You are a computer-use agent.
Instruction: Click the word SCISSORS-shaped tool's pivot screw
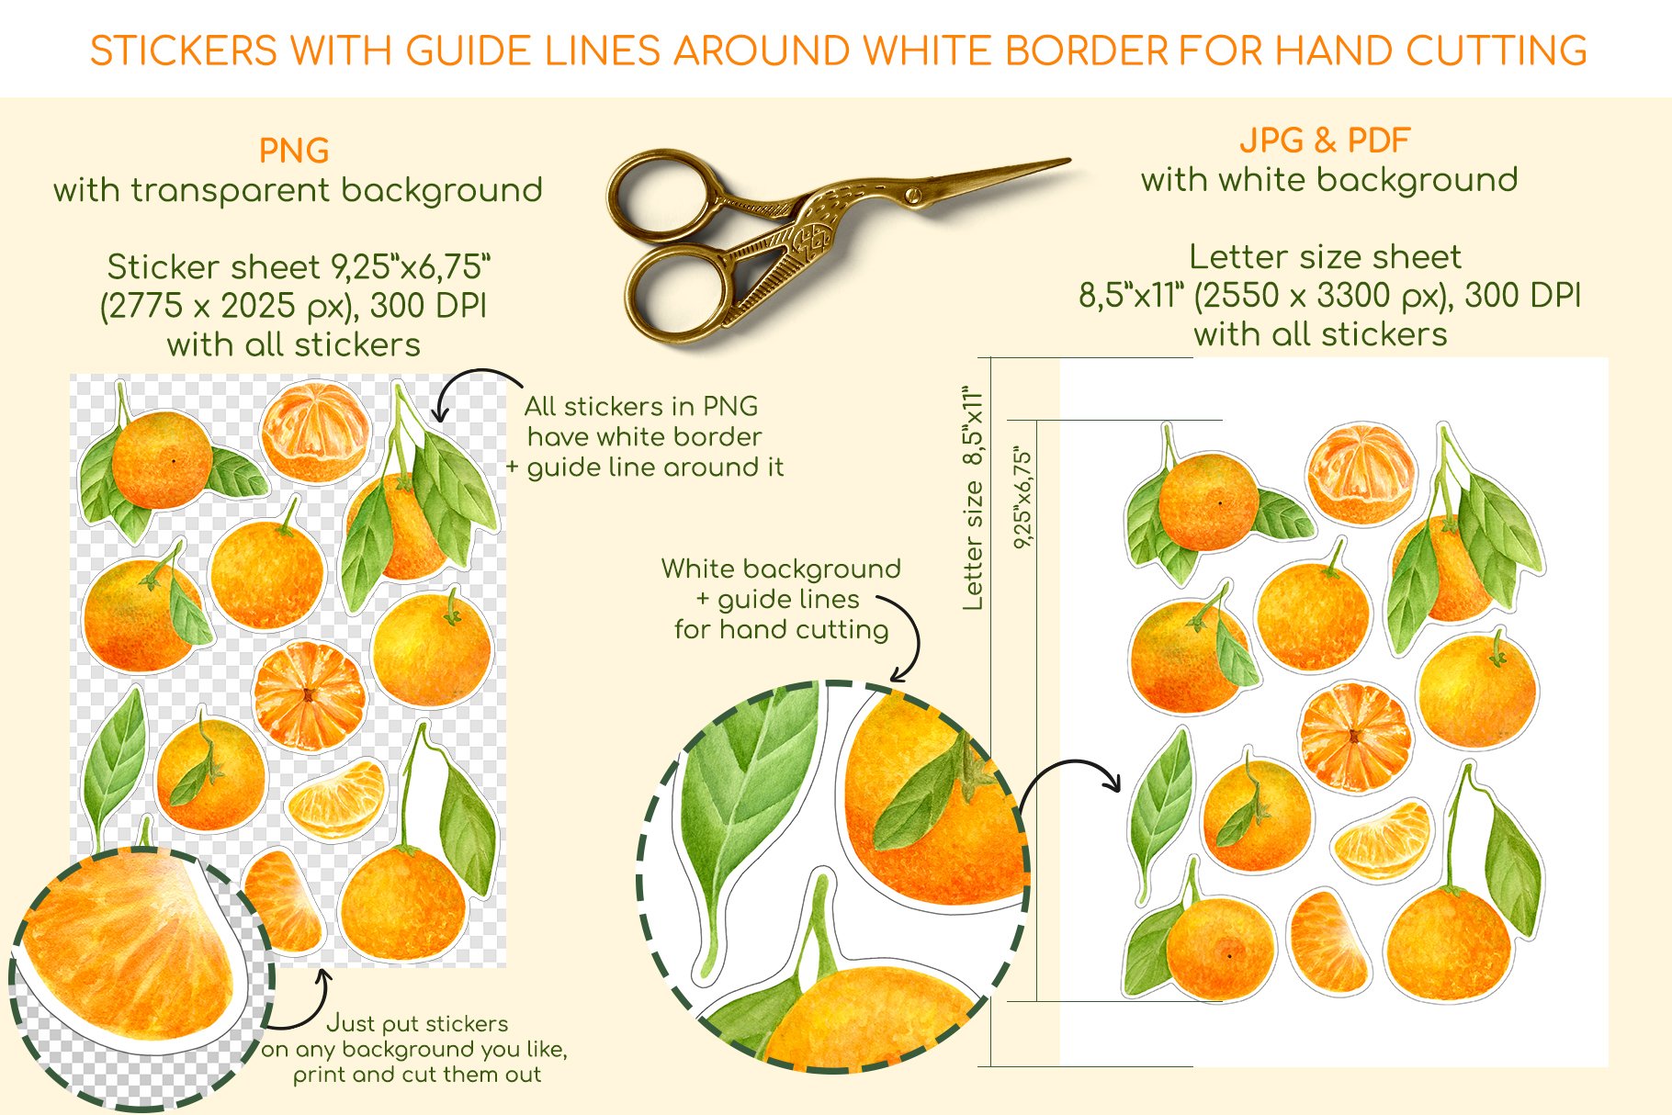(912, 195)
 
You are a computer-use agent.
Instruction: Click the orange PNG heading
(294, 151)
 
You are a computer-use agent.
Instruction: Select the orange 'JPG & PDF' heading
(1325, 141)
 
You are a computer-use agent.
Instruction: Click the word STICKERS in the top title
(183, 51)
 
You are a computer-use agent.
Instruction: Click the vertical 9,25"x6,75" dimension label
(1022, 498)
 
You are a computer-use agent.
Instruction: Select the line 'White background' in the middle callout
(781, 569)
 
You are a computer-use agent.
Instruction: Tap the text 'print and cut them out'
(417, 1075)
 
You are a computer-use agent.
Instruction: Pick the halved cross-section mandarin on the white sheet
(1355, 738)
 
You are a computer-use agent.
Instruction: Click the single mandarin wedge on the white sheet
(1382, 840)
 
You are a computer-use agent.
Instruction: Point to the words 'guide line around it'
(655, 467)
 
